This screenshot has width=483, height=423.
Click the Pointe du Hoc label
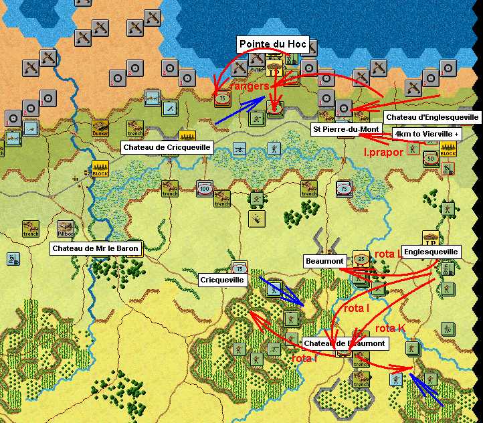(x=272, y=44)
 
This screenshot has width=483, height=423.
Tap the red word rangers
(x=249, y=86)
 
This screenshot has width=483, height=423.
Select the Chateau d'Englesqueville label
(x=432, y=117)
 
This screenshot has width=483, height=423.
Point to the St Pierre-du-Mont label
(x=347, y=129)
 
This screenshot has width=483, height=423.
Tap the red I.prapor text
(x=383, y=152)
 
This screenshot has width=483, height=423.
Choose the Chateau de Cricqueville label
(x=167, y=147)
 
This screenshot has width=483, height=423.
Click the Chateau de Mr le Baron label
(x=96, y=249)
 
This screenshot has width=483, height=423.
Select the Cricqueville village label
(x=222, y=279)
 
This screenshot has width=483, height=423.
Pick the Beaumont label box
(x=324, y=260)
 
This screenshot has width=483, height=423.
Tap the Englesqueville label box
(x=431, y=252)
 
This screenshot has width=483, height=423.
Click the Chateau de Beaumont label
(x=344, y=343)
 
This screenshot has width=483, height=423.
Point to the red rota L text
(x=389, y=254)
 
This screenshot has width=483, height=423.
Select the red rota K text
(x=390, y=328)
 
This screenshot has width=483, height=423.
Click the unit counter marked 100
(x=204, y=189)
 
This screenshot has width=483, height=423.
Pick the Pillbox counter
(x=65, y=228)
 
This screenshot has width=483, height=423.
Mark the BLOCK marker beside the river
(x=100, y=169)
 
